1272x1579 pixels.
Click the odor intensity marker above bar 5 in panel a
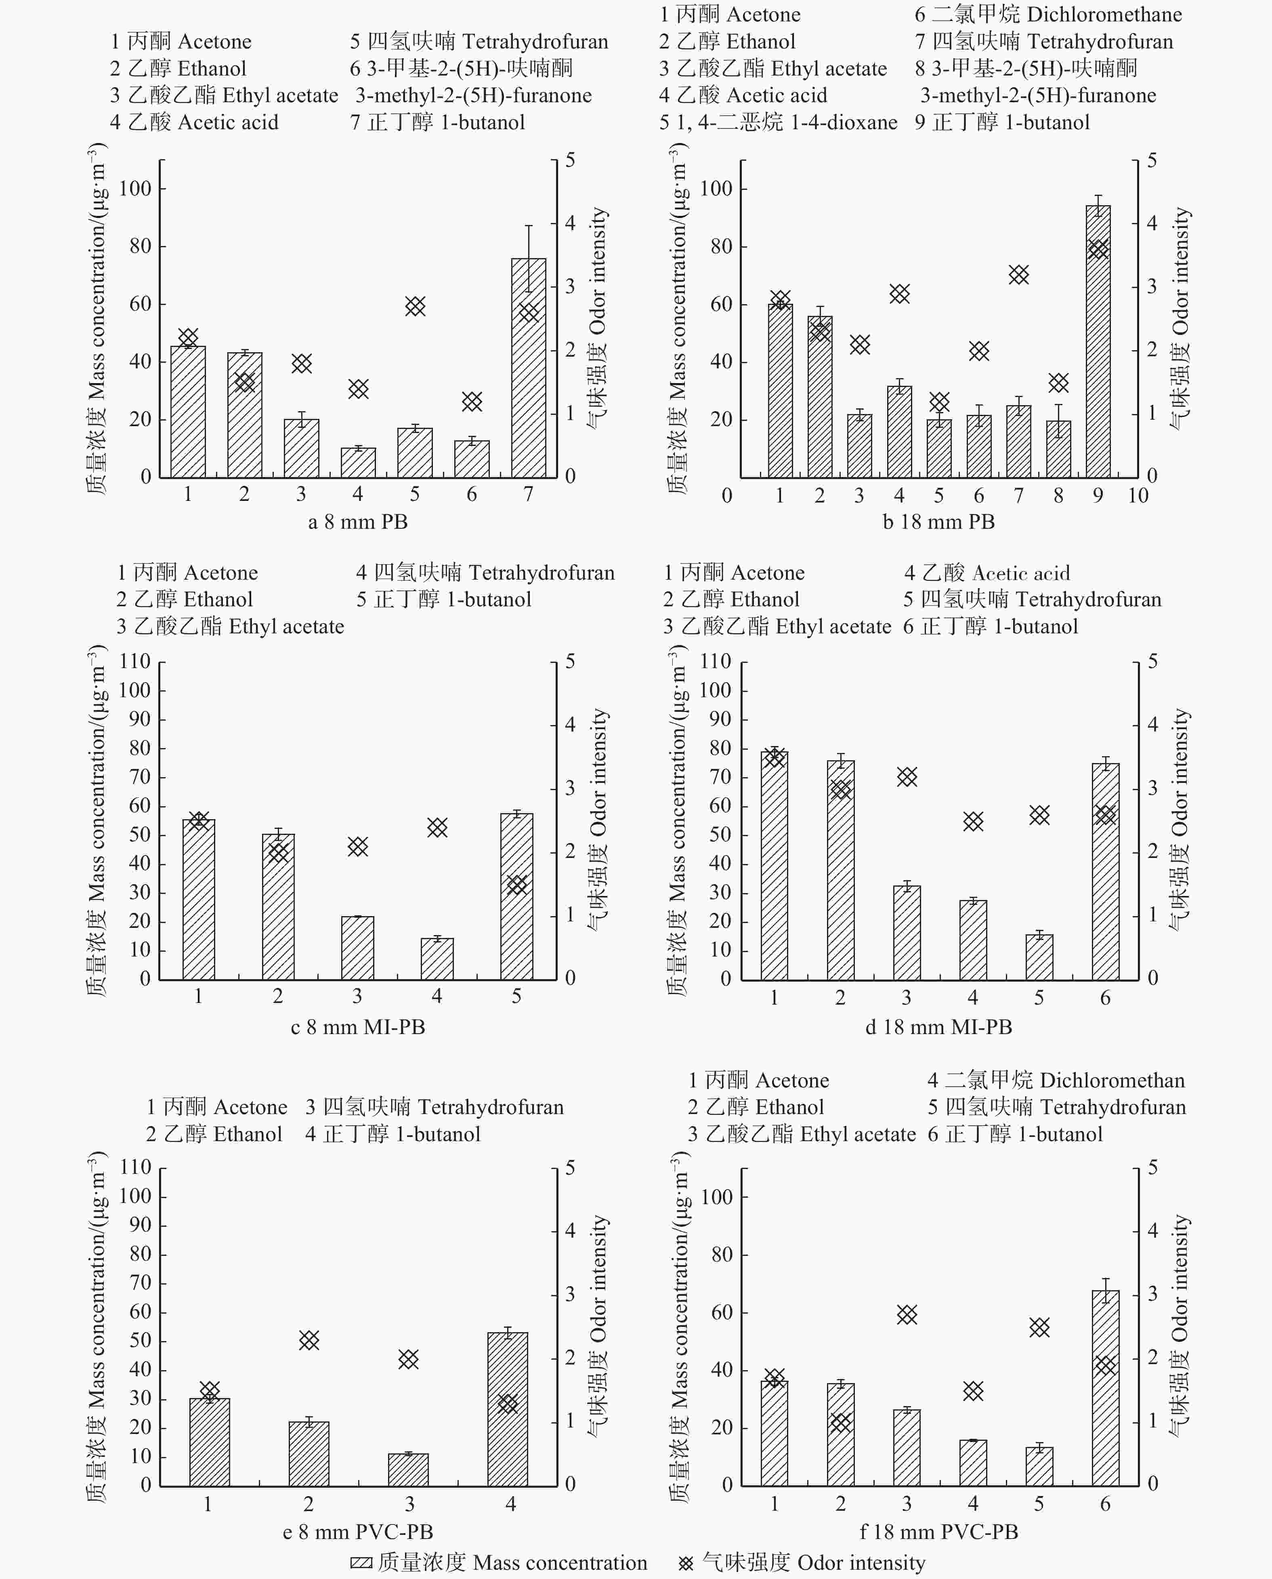click(x=415, y=307)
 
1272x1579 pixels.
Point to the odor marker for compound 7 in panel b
click(x=1018, y=275)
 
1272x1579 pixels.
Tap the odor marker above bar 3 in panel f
click(x=907, y=1314)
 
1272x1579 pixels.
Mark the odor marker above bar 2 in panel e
click(x=309, y=1340)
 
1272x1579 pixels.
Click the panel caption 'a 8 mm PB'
click(x=357, y=522)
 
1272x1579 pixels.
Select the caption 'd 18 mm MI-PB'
click(x=938, y=1027)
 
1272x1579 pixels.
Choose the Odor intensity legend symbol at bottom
click(x=686, y=1563)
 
